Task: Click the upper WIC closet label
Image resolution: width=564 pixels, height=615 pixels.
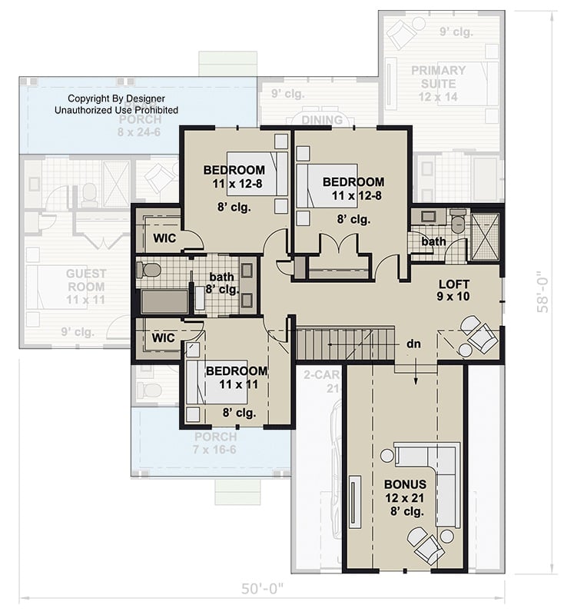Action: tap(164, 238)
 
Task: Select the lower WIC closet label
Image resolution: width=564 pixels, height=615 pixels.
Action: tap(164, 337)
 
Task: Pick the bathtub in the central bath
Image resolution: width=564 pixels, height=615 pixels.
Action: tap(164, 301)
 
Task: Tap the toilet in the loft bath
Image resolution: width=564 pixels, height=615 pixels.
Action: tap(458, 224)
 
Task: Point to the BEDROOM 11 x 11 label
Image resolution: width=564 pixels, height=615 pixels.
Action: tap(236, 377)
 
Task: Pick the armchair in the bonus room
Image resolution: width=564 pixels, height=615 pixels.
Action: tap(427, 545)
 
